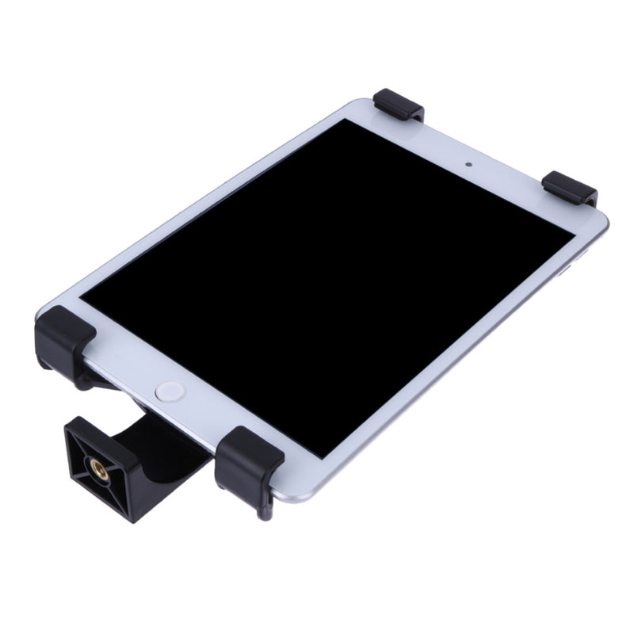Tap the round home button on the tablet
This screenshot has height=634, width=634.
coord(169,390)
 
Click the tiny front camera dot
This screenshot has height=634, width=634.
coord(469,166)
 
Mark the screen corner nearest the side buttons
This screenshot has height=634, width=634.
coord(573,231)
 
